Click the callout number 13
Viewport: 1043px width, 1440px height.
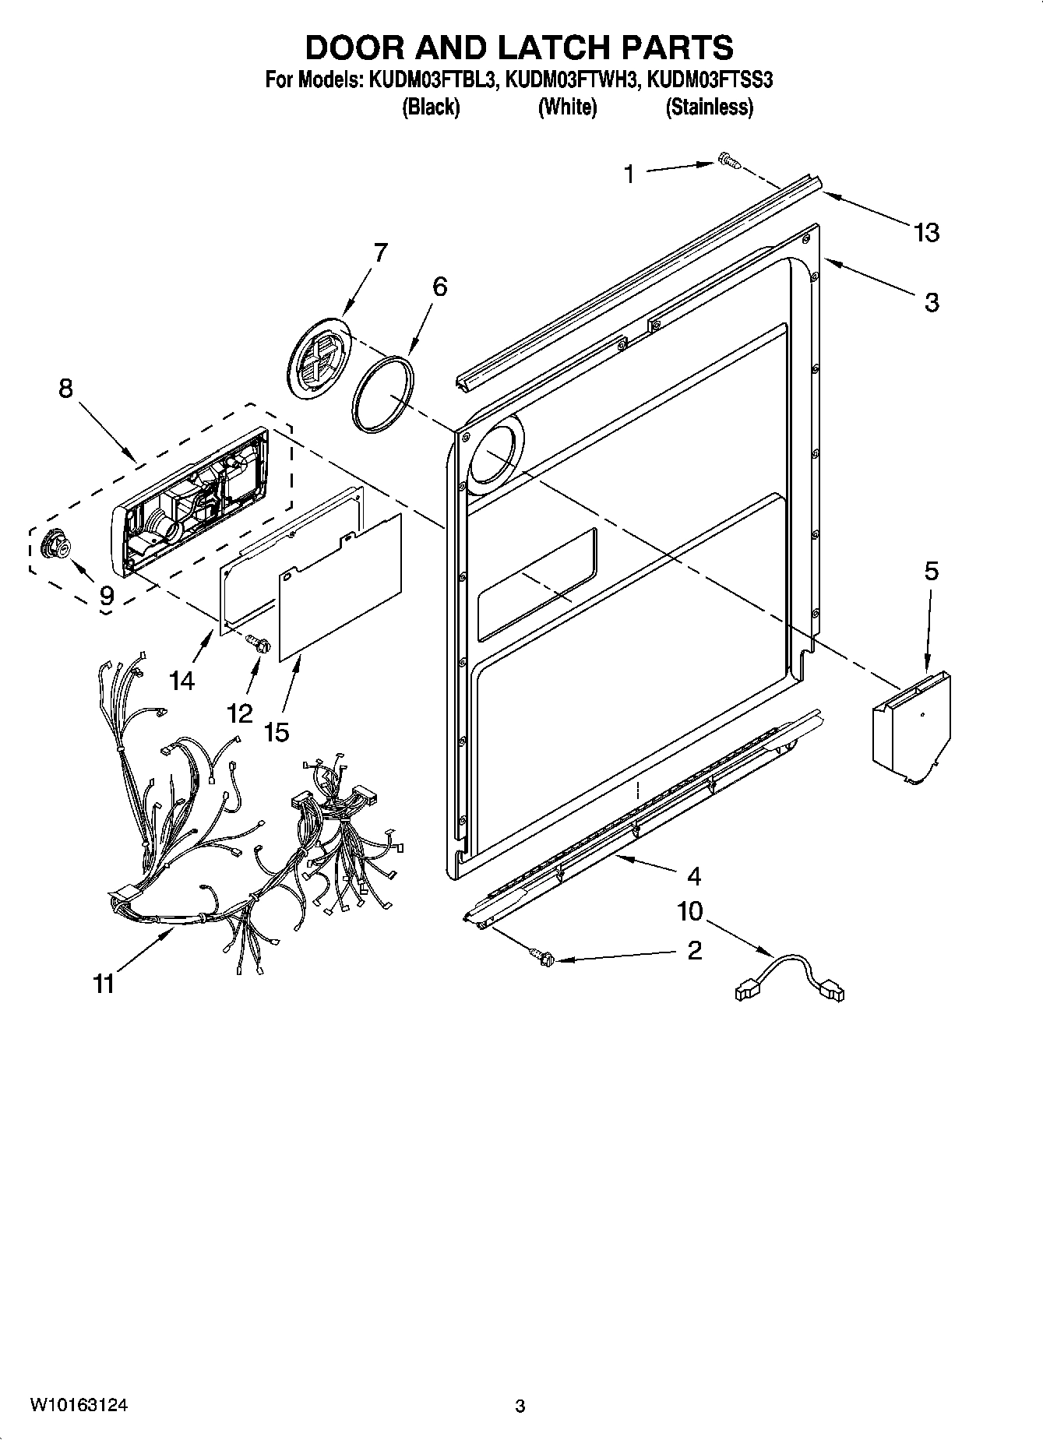(926, 232)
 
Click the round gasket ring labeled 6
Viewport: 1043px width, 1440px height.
(382, 393)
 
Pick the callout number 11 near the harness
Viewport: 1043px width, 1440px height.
(104, 984)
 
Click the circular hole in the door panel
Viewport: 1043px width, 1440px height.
(495, 454)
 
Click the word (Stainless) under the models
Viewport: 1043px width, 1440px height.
(709, 107)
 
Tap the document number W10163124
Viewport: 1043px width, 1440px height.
(79, 1405)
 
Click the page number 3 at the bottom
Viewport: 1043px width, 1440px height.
(520, 1407)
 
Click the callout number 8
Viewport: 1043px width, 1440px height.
(65, 388)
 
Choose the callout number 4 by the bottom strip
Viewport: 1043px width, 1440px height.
(693, 876)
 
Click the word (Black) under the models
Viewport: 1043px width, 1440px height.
(431, 107)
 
